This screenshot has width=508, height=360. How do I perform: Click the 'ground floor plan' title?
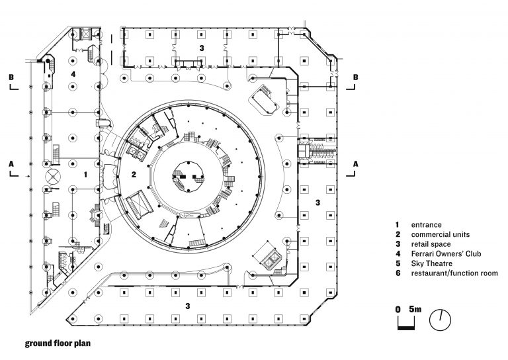point(57,343)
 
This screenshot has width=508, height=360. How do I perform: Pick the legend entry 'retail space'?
point(431,244)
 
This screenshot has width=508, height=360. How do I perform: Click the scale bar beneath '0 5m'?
point(405,325)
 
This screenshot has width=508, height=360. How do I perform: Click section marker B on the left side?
point(11,77)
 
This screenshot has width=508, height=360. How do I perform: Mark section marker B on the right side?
point(356,77)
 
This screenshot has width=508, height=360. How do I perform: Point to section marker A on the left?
point(11,163)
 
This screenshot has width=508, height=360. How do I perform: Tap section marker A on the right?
point(356,163)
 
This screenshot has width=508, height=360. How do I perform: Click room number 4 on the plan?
point(73,74)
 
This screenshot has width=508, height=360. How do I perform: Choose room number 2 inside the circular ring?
point(133,175)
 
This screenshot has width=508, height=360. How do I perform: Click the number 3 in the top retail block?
point(202,49)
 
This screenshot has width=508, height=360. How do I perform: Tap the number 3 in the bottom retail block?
point(188,306)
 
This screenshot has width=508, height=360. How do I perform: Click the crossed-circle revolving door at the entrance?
point(52,176)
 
